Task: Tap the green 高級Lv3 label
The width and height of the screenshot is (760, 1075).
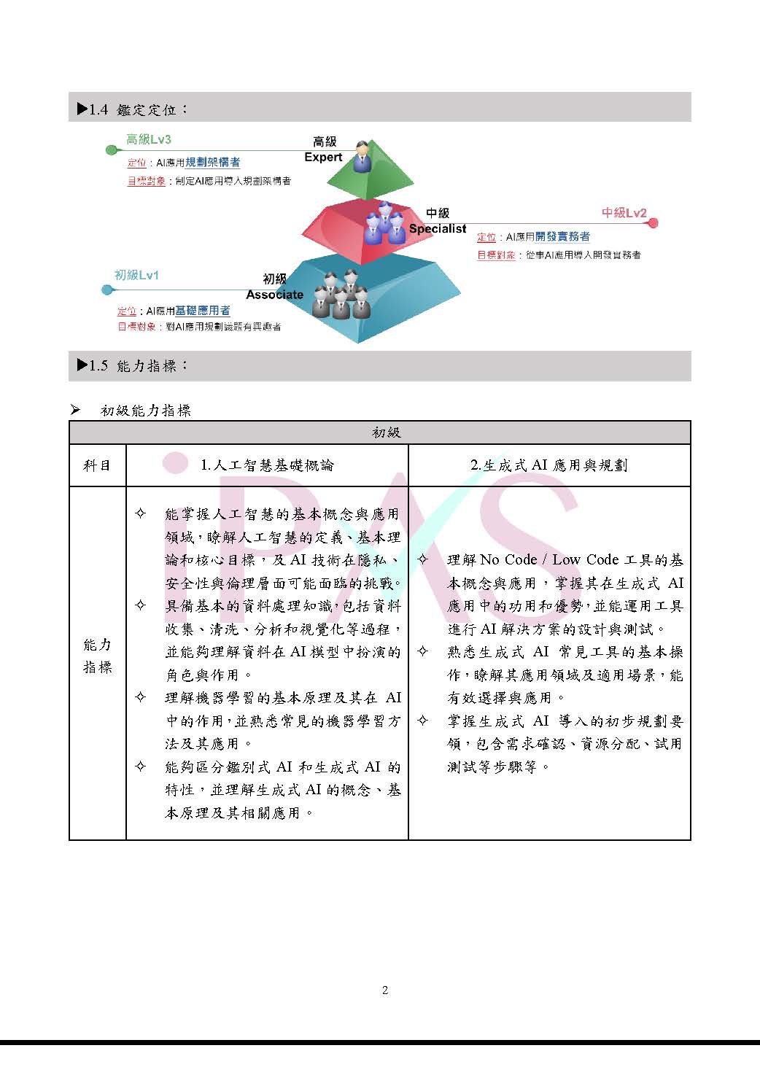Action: click(149, 139)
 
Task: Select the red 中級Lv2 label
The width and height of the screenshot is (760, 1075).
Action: click(624, 213)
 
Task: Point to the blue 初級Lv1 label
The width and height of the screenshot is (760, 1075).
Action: click(136, 275)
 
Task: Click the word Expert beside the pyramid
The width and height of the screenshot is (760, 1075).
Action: click(323, 157)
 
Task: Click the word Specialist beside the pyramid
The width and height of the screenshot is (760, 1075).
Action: click(437, 228)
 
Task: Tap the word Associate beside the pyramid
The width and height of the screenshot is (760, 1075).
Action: click(274, 295)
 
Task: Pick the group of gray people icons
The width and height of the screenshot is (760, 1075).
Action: click(341, 295)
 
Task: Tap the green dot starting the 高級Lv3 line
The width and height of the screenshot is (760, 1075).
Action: click(111, 150)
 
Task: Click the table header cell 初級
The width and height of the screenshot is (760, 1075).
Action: click(386, 432)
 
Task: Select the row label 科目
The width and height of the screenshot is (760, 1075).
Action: click(97, 465)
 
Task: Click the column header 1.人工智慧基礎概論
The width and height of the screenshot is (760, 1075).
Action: click(267, 465)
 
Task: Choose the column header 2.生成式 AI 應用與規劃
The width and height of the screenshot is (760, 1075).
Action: click(548, 465)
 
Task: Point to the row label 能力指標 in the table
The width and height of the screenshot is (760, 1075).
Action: click(97, 655)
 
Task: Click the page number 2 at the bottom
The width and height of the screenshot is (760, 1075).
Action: click(385, 990)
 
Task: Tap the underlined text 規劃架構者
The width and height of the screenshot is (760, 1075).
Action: click(212, 163)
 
